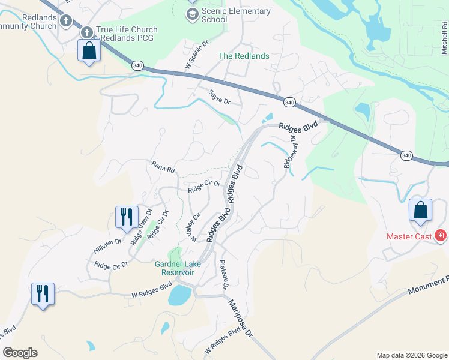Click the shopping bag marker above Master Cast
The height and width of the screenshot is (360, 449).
pyautogui.click(x=421, y=211)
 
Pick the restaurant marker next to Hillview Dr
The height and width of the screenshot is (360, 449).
pyautogui.click(x=127, y=217)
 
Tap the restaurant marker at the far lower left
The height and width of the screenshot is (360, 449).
pyautogui.click(x=43, y=294)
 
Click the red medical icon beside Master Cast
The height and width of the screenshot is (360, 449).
pyautogui.click(x=441, y=236)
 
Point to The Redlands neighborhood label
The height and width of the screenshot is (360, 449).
pyautogui.click(x=243, y=56)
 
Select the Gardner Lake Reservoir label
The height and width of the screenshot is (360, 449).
pyautogui.click(x=181, y=268)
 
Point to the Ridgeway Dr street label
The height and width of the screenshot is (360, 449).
pyautogui.click(x=289, y=151)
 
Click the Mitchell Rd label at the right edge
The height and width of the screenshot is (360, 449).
pyautogui.click(x=444, y=37)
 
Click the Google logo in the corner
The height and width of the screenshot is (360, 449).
pyautogui.click(x=20, y=353)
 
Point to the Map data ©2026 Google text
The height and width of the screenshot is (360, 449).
pyautogui.click(x=411, y=355)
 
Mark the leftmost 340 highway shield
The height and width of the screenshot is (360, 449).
pyautogui.click(x=137, y=65)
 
